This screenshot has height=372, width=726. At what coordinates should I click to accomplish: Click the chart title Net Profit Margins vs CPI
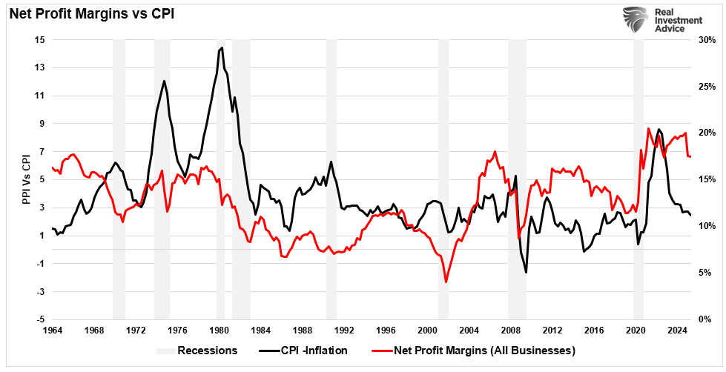pos(91,13)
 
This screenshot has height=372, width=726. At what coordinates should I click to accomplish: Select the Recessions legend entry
pos(198,350)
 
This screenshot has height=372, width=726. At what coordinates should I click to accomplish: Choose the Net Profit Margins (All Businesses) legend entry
pos(483,350)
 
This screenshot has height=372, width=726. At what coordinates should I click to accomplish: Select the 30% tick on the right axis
pos(707,39)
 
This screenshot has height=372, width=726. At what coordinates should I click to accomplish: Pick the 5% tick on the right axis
pos(704,273)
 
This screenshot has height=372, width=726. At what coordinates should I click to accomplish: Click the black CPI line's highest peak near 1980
pos(222,48)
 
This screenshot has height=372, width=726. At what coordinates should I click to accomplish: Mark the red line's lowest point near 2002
pos(446,282)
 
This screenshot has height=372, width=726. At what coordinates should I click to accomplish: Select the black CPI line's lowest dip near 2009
pos(527,272)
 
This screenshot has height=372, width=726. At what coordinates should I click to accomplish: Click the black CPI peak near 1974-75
pos(164,81)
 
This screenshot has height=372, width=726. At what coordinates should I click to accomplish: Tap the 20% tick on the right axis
pos(707,133)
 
